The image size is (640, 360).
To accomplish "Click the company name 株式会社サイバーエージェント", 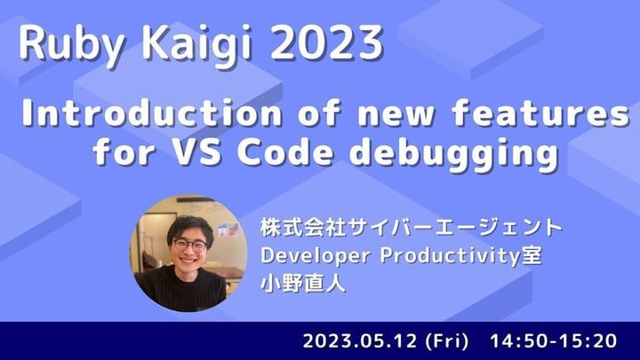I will point(412,227).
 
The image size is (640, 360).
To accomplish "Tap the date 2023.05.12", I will point(358,340).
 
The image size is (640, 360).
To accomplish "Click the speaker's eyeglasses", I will point(189,244).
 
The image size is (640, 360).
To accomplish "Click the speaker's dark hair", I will point(188,222).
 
